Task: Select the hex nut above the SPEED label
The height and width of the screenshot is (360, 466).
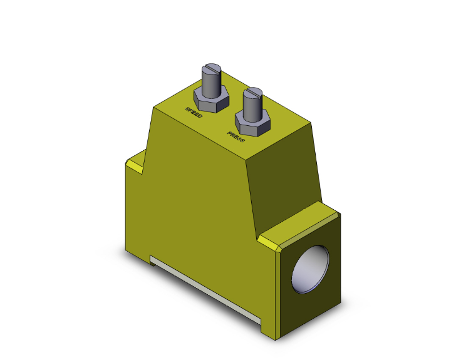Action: (x=209, y=99)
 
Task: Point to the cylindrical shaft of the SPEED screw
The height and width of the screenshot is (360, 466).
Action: (x=210, y=81)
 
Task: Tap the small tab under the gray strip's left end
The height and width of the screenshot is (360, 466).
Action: (x=152, y=263)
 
